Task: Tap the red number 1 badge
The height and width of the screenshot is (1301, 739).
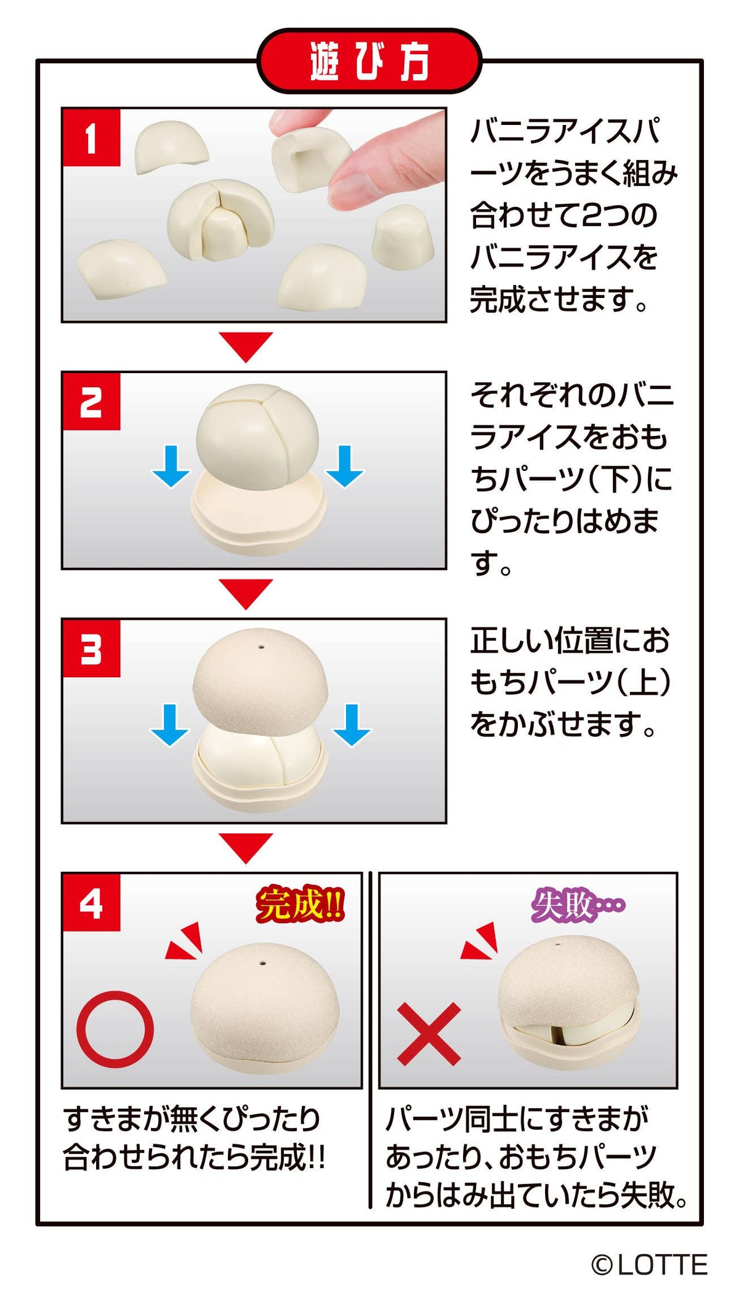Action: (91, 138)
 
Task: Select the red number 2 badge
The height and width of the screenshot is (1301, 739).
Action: (91, 401)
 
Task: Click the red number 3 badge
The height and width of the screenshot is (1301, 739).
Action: (91, 649)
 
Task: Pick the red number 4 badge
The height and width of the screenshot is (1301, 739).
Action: (91, 903)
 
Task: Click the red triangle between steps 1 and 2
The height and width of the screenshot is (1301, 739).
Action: (245, 345)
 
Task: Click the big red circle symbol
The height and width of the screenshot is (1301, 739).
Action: (115, 1029)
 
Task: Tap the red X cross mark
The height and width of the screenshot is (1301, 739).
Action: (429, 1034)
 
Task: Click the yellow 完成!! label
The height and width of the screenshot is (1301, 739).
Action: (300, 904)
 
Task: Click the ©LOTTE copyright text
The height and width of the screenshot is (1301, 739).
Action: (650, 1265)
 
